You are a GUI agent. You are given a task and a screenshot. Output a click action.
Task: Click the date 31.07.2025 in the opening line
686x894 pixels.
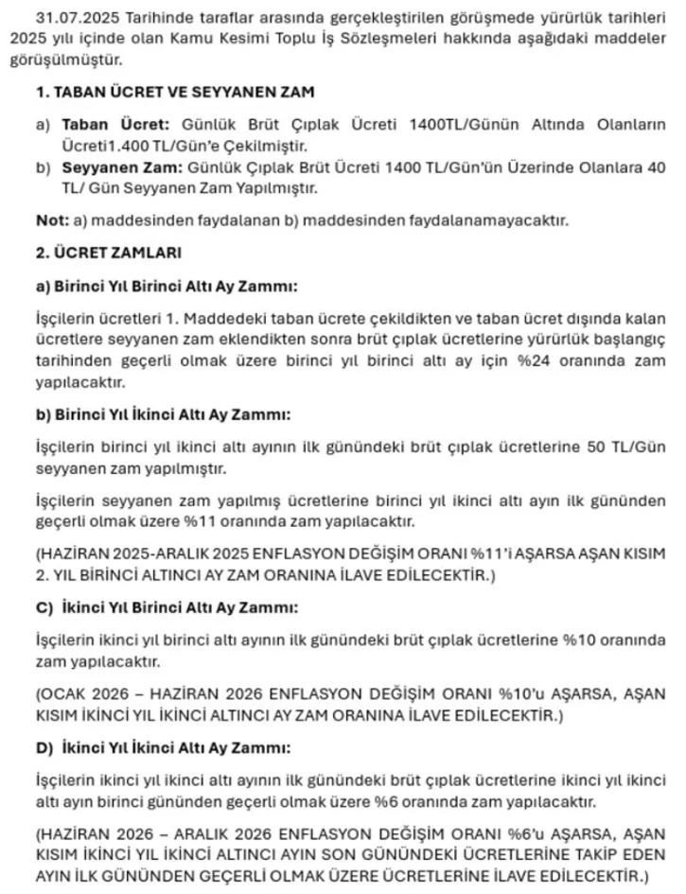pyautogui.click(x=69, y=18)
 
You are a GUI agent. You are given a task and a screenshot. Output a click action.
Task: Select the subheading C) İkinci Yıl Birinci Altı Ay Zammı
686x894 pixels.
pyautogui.click(x=167, y=606)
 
